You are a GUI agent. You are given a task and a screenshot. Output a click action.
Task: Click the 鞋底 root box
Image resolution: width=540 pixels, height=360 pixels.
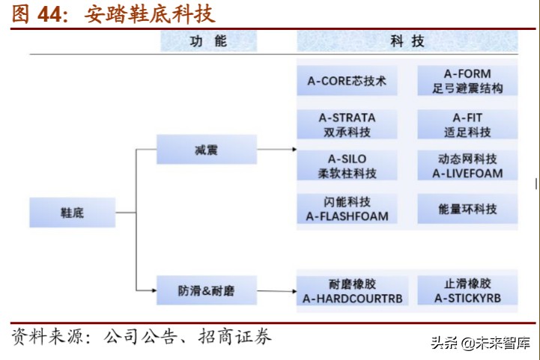[72, 213]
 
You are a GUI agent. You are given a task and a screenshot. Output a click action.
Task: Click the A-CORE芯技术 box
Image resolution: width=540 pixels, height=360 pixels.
[347, 81]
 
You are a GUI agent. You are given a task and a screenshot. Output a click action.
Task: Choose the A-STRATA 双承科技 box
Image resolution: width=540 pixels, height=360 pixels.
[347, 124]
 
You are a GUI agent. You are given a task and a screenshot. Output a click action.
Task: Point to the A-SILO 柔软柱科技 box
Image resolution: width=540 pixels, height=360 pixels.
[347, 166]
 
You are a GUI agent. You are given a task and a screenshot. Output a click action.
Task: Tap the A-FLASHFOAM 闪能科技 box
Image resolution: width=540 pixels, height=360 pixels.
[347, 209]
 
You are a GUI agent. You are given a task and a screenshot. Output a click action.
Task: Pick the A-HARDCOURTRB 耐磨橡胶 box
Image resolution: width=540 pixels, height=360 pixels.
[347, 291]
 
